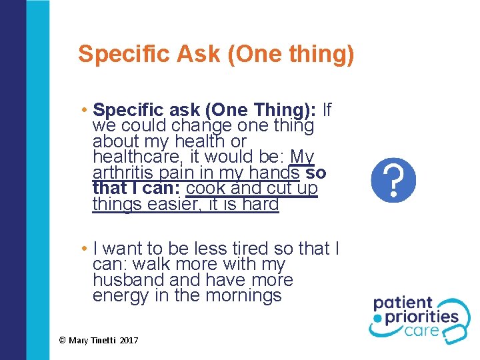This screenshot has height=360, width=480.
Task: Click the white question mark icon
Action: [393, 180]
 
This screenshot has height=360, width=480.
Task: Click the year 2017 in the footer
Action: [130, 341]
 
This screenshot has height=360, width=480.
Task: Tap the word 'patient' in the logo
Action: [403, 303]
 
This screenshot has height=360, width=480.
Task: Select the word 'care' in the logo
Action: [439, 331]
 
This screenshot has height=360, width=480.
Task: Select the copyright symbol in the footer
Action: [62, 341]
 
